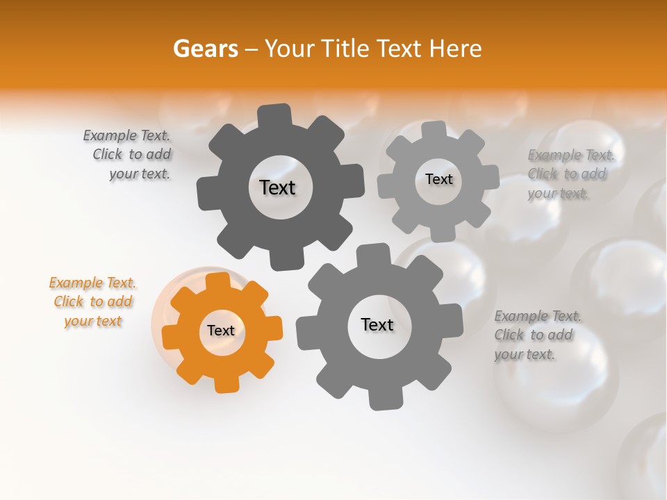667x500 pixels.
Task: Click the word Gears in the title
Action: tap(205, 49)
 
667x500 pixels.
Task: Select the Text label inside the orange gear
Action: tap(221, 331)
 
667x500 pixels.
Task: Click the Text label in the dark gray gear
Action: tap(277, 187)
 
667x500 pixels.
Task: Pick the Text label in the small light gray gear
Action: tap(438, 179)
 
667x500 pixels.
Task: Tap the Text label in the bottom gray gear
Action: tap(377, 324)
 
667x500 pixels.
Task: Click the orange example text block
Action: tap(93, 301)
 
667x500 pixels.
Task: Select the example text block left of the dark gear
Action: tap(128, 154)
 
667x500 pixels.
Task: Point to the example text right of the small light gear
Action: tap(570, 174)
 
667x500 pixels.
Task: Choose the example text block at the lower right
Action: tap(537, 335)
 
